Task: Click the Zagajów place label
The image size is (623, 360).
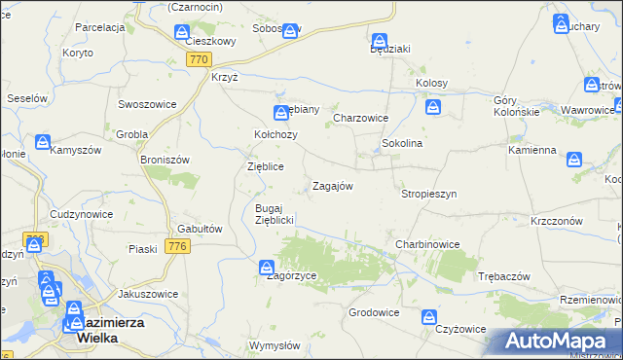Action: coord(332,186)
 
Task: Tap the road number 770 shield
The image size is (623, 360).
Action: coord(199,60)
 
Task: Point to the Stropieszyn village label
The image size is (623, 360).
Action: coord(429,194)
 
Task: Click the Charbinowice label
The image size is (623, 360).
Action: coord(427,244)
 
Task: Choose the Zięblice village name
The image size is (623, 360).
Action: coord(265,166)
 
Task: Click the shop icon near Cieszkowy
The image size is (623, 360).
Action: coord(182,33)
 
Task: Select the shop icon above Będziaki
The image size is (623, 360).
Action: coord(380,41)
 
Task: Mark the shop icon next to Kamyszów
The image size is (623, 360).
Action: coord(44,142)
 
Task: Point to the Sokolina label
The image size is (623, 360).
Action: coord(401,143)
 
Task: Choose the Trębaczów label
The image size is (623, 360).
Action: coord(503,276)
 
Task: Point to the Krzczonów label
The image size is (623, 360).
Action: coord(557,221)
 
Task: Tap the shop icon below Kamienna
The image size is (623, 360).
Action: coord(575,158)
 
